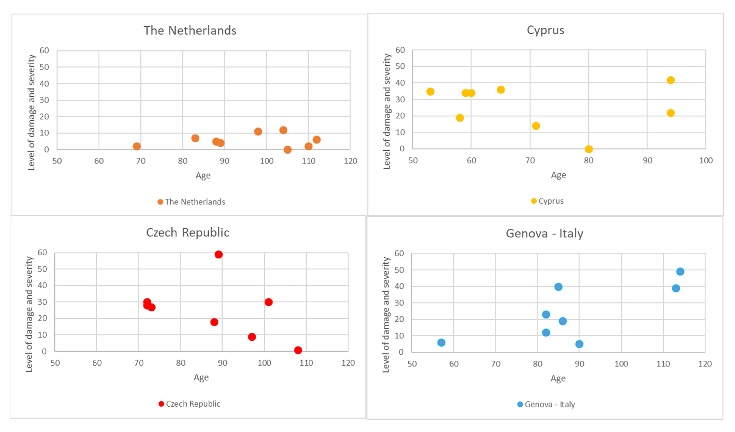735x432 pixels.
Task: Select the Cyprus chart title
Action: click(545, 30)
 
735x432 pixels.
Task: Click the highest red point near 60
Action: click(218, 254)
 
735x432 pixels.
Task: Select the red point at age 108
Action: click(298, 350)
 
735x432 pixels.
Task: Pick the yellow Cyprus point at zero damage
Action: click(589, 149)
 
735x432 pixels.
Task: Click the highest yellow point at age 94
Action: click(671, 80)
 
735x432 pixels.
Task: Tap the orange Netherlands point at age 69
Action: click(137, 146)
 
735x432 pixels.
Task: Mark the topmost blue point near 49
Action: click(680, 271)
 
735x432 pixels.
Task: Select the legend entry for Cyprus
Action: click(547, 201)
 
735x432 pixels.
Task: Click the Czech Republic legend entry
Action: click(190, 404)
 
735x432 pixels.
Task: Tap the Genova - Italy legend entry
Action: click(546, 404)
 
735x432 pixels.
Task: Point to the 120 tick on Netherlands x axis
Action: click(350, 161)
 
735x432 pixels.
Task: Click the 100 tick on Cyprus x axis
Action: click(705, 160)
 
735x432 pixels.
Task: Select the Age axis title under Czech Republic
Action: click(201, 377)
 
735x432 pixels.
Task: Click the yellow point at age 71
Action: click(536, 126)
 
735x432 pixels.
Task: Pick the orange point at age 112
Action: click(317, 140)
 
